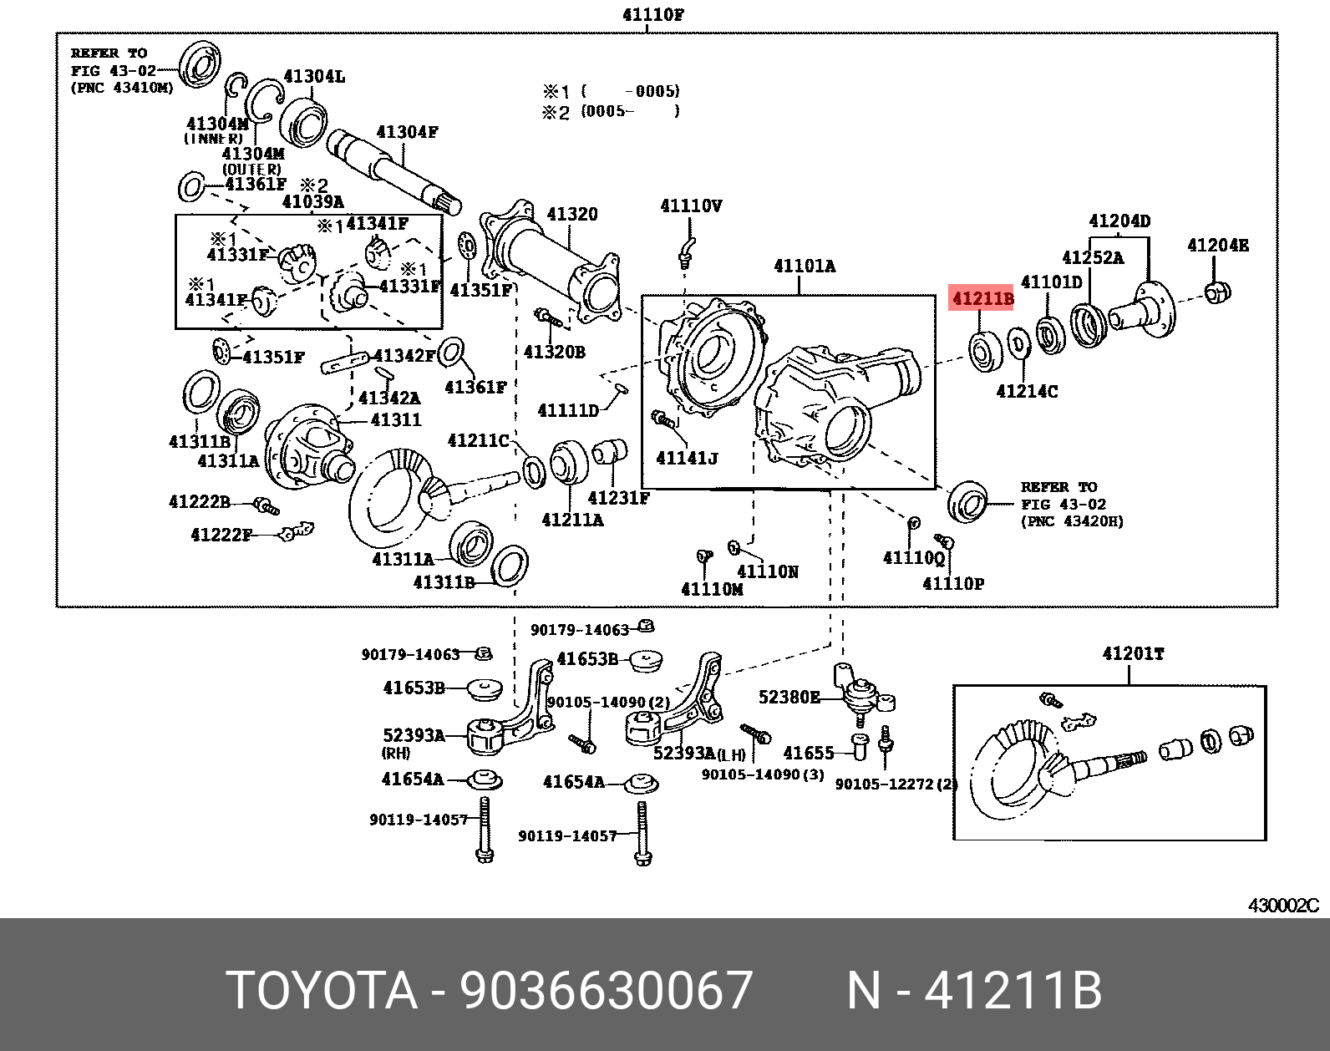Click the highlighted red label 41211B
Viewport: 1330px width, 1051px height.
click(x=982, y=298)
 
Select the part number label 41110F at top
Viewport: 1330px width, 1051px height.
click(x=653, y=14)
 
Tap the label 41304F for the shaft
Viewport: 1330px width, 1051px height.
click(x=407, y=132)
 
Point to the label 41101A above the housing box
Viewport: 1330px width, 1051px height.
click(x=804, y=267)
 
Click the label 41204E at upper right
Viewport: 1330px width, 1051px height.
click(x=1218, y=245)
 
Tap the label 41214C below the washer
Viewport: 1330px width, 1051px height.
click(x=1027, y=391)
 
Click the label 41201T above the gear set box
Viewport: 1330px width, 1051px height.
click(x=1133, y=653)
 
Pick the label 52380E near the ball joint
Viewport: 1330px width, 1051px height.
click(x=789, y=697)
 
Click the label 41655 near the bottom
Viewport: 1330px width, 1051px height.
click(x=808, y=753)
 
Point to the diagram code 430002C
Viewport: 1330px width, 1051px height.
click(x=1283, y=906)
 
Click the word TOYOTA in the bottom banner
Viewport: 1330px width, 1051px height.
click(x=322, y=991)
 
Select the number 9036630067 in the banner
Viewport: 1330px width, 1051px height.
click(x=607, y=991)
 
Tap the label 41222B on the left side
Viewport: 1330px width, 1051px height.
click(x=199, y=502)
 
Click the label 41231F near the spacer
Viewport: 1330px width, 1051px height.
click(x=618, y=498)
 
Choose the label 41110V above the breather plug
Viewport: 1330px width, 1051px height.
click(x=691, y=206)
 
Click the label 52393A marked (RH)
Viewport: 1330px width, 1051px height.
click(x=414, y=735)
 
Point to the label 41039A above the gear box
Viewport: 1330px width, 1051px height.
click(x=312, y=202)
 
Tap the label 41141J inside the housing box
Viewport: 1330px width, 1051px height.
click(x=687, y=458)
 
